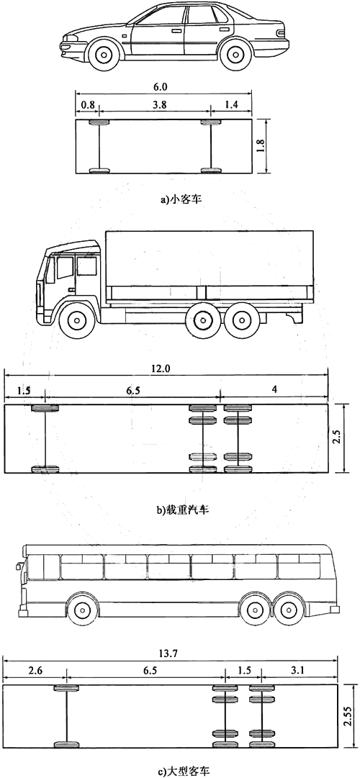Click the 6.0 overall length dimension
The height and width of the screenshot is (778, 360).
(163, 86)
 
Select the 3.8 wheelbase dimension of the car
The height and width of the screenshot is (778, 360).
(154, 105)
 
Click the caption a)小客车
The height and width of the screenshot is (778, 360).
(181, 199)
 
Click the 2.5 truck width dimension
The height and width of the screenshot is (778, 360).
(337, 438)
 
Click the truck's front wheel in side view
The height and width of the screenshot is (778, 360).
(77, 320)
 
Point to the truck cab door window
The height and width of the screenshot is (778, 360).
(86, 267)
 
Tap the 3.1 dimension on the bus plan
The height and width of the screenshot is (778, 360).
(298, 670)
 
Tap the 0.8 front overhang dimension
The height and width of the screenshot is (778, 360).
(86, 105)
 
